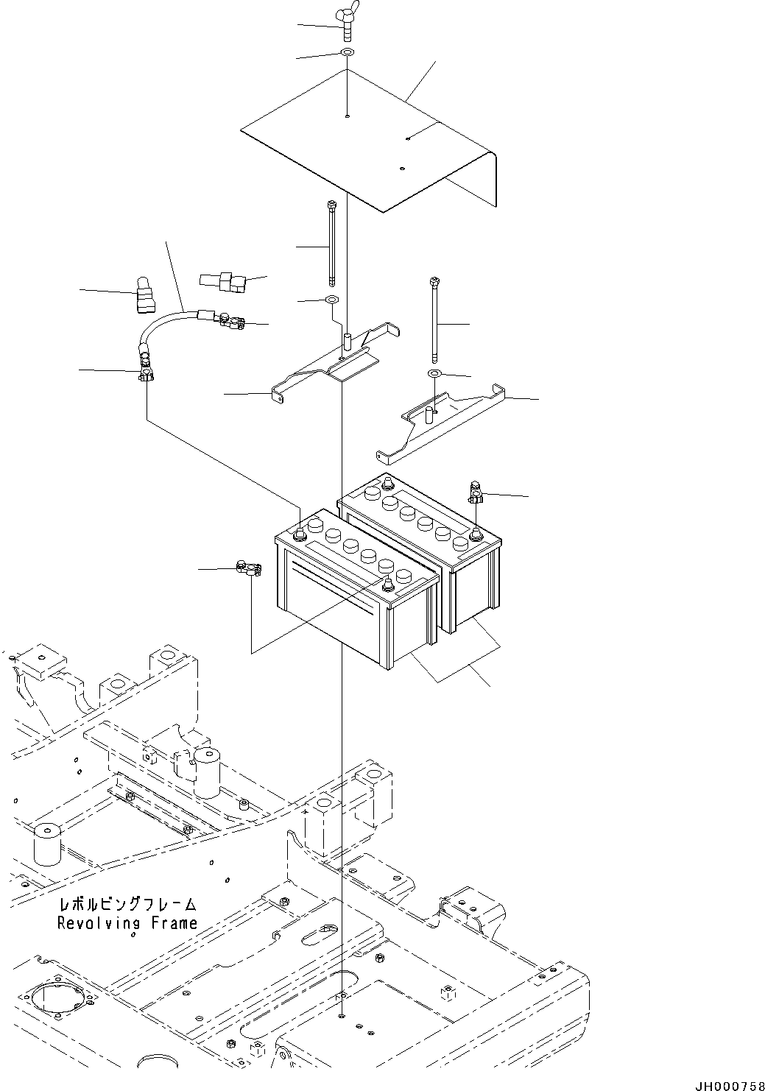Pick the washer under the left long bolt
click(331, 300)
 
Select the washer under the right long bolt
click(435, 375)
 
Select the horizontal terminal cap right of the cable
click(220, 280)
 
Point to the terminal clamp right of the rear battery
click(475, 493)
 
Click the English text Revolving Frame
click(127, 923)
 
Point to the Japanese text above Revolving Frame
click(127, 905)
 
